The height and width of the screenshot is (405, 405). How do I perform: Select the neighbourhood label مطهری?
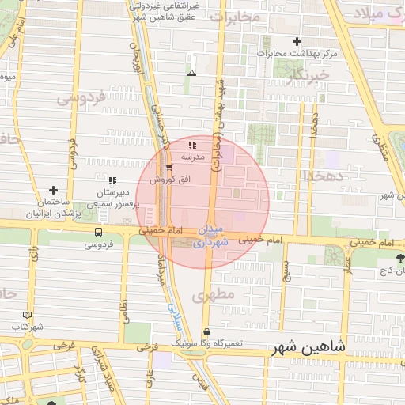click(x=219, y=294)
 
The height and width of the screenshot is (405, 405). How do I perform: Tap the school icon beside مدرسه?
click(x=193, y=145)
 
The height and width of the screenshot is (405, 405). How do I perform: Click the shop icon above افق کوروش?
click(x=168, y=168)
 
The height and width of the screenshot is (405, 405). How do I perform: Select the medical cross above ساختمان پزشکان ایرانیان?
click(x=53, y=191)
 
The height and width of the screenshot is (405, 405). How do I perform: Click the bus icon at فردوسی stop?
click(x=98, y=233)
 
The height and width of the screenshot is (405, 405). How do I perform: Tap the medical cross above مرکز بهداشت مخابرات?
click(x=297, y=41)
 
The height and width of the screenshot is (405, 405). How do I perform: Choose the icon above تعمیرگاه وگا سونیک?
click(x=207, y=332)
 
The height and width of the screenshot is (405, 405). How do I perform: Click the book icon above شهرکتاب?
click(x=28, y=315)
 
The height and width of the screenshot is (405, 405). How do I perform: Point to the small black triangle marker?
click(x=191, y=74)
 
